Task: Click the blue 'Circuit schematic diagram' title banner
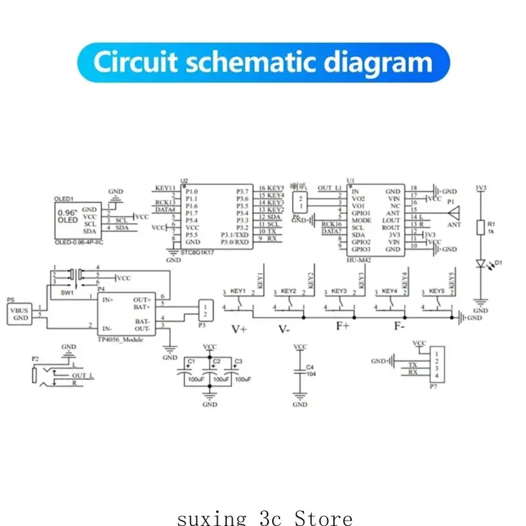pyautogui.click(x=263, y=62)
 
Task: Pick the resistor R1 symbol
pyautogui.click(x=481, y=227)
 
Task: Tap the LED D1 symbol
pyautogui.click(x=481, y=264)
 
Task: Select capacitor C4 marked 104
pyautogui.click(x=300, y=371)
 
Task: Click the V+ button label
pyautogui.click(x=238, y=329)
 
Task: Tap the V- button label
pyautogui.click(x=284, y=329)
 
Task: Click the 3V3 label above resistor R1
pyautogui.click(x=481, y=189)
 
